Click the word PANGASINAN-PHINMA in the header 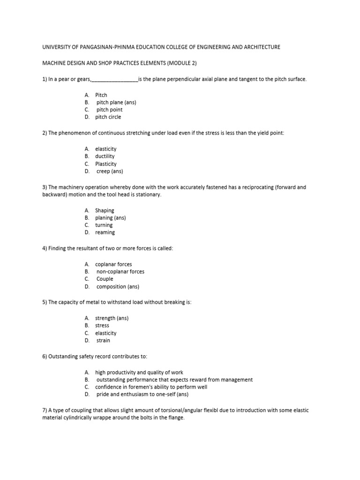[x=107, y=47]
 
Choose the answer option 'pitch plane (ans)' [x=116, y=102]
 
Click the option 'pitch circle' [x=108, y=117]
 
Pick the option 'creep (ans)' [x=110, y=172]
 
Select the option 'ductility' [x=105, y=156]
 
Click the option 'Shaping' [x=105, y=210]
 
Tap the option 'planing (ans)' [x=111, y=218]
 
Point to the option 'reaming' [x=105, y=232]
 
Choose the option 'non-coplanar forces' [x=120, y=272]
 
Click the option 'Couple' [x=105, y=279]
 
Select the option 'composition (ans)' [x=118, y=287]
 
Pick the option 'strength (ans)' [x=112, y=318]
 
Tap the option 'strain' [x=104, y=341]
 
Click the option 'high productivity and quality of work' [x=139, y=372]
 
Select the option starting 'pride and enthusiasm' [x=142, y=395]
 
